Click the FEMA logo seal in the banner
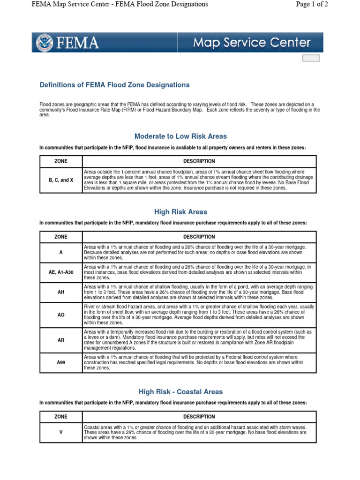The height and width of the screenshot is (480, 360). [45, 43]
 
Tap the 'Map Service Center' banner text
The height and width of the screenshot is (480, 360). [252, 43]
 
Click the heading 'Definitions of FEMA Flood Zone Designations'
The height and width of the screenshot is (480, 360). [114, 85]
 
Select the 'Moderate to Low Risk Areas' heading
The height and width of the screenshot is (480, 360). [180, 136]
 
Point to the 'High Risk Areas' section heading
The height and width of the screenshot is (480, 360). [180, 212]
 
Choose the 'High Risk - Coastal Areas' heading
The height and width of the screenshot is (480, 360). [180, 392]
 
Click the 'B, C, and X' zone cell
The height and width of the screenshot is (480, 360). [61, 180]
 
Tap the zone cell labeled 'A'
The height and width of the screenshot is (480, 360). [61, 252]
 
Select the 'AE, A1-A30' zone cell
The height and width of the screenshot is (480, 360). [61, 272]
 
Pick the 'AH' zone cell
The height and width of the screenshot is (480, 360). [61, 292]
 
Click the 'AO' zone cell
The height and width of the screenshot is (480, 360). [61, 315]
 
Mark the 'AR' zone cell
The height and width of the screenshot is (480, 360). [61, 340]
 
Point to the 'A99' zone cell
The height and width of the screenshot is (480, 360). [61, 362]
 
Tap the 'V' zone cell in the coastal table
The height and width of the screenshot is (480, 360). [61, 432]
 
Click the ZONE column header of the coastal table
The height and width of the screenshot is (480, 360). [61, 417]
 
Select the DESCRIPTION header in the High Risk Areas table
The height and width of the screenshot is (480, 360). [199, 237]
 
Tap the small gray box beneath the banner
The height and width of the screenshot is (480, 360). [311, 58]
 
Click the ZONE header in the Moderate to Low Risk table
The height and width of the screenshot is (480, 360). [61, 161]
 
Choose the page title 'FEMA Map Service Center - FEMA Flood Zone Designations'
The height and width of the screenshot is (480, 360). [120, 4]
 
